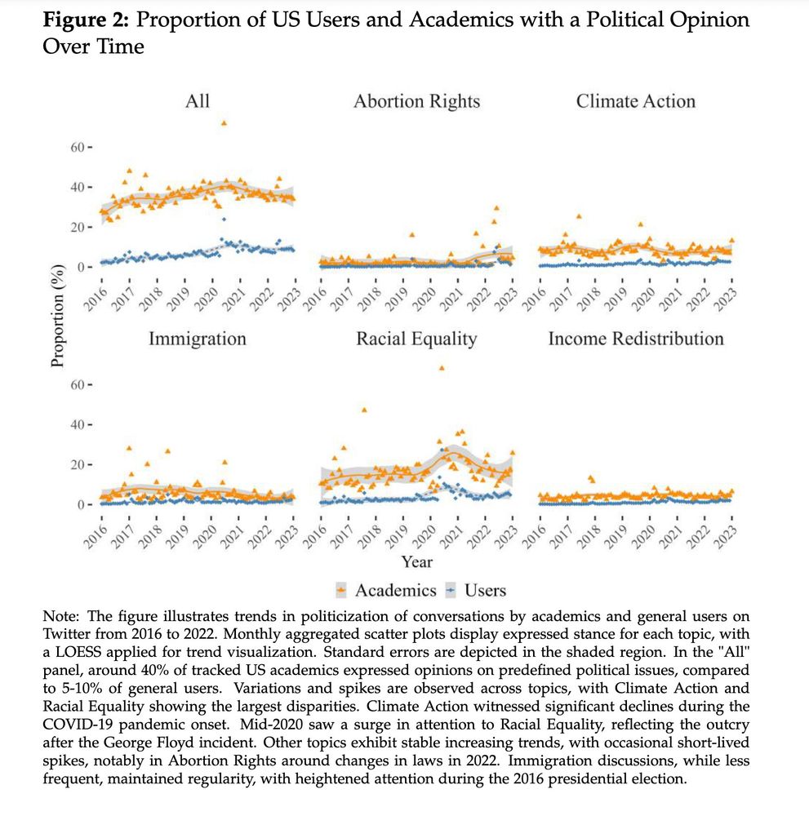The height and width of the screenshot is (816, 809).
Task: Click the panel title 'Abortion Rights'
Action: click(x=416, y=101)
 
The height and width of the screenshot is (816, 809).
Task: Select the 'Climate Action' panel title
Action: click(x=635, y=101)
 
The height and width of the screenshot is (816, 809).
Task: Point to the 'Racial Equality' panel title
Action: click(x=416, y=339)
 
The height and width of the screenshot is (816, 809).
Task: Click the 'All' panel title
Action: click(x=197, y=101)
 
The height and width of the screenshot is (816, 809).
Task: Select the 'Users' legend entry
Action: click(x=485, y=590)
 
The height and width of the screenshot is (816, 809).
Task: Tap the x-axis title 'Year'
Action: click(x=416, y=561)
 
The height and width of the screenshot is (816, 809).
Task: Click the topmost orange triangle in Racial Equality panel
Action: click(x=442, y=368)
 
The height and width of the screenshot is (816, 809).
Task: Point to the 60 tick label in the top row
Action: click(x=78, y=147)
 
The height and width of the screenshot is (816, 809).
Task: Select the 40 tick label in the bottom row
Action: click(x=78, y=424)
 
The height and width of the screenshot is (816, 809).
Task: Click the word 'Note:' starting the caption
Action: click(x=60, y=617)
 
